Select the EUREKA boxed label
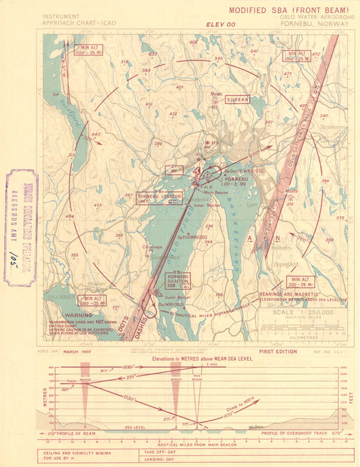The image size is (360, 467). [238, 99]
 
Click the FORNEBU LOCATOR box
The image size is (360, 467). [150, 198]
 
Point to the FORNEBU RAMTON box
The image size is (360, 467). [178, 280]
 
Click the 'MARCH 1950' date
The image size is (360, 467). [78, 352]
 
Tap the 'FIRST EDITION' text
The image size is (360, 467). [277, 352]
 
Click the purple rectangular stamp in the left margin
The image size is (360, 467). [22, 226]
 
